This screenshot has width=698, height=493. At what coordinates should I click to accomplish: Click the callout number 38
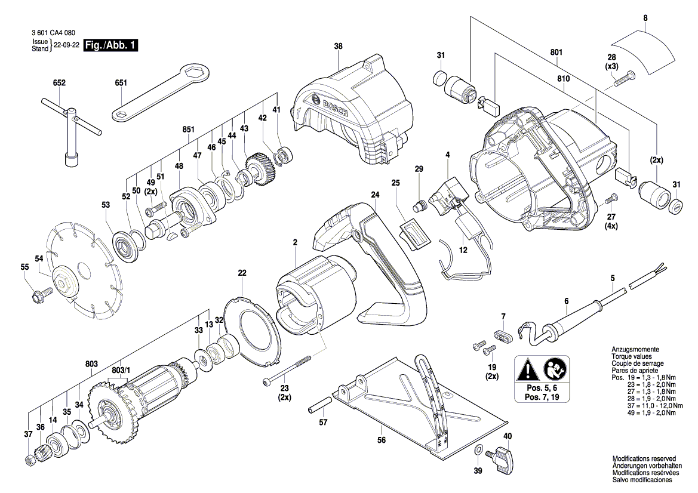(x=339, y=47)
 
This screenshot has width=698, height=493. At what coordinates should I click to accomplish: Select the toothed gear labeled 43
(x=259, y=168)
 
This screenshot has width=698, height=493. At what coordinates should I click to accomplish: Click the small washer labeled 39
(x=478, y=449)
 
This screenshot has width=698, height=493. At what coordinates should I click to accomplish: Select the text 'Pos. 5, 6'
(x=542, y=389)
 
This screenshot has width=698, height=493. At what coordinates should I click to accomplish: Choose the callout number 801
(x=556, y=53)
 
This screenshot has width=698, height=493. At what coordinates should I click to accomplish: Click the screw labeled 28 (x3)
(x=626, y=77)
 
